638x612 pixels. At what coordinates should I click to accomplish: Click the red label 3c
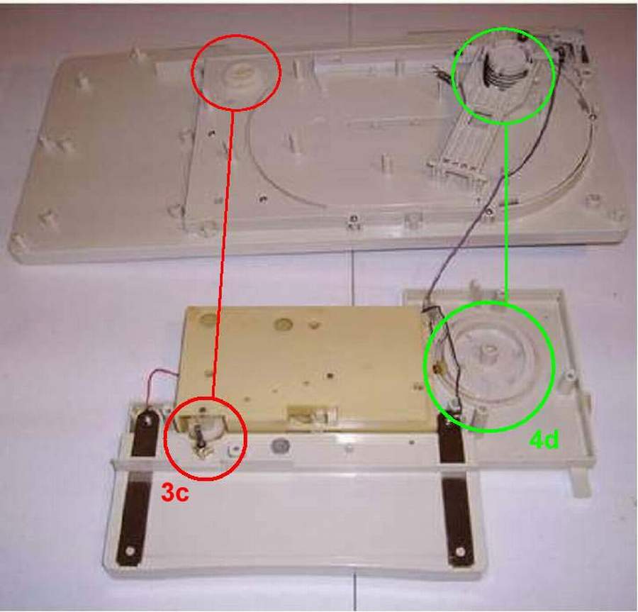click(175, 493)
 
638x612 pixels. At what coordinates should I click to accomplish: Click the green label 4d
click(544, 440)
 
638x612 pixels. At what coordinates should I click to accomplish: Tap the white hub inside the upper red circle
click(238, 78)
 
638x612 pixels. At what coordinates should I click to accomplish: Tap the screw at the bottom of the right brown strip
click(460, 552)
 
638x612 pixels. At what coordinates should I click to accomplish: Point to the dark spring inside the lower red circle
click(199, 434)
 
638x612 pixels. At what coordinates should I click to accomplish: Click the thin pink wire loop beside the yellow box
click(163, 386)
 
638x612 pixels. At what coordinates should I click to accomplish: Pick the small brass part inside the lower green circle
click(439, 369)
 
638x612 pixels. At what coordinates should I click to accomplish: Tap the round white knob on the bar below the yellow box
click(279, 445)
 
